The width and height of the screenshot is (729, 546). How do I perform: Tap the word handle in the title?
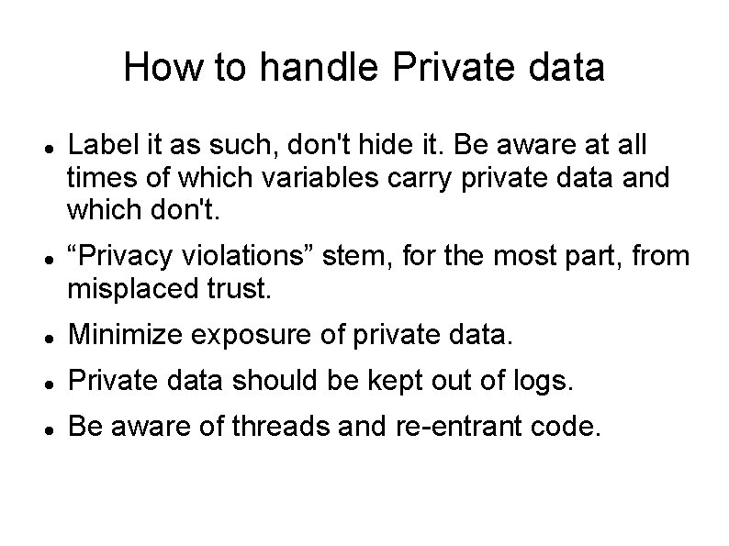pos(296,67)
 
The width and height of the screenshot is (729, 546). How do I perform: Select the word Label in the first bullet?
pos(99,144)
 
